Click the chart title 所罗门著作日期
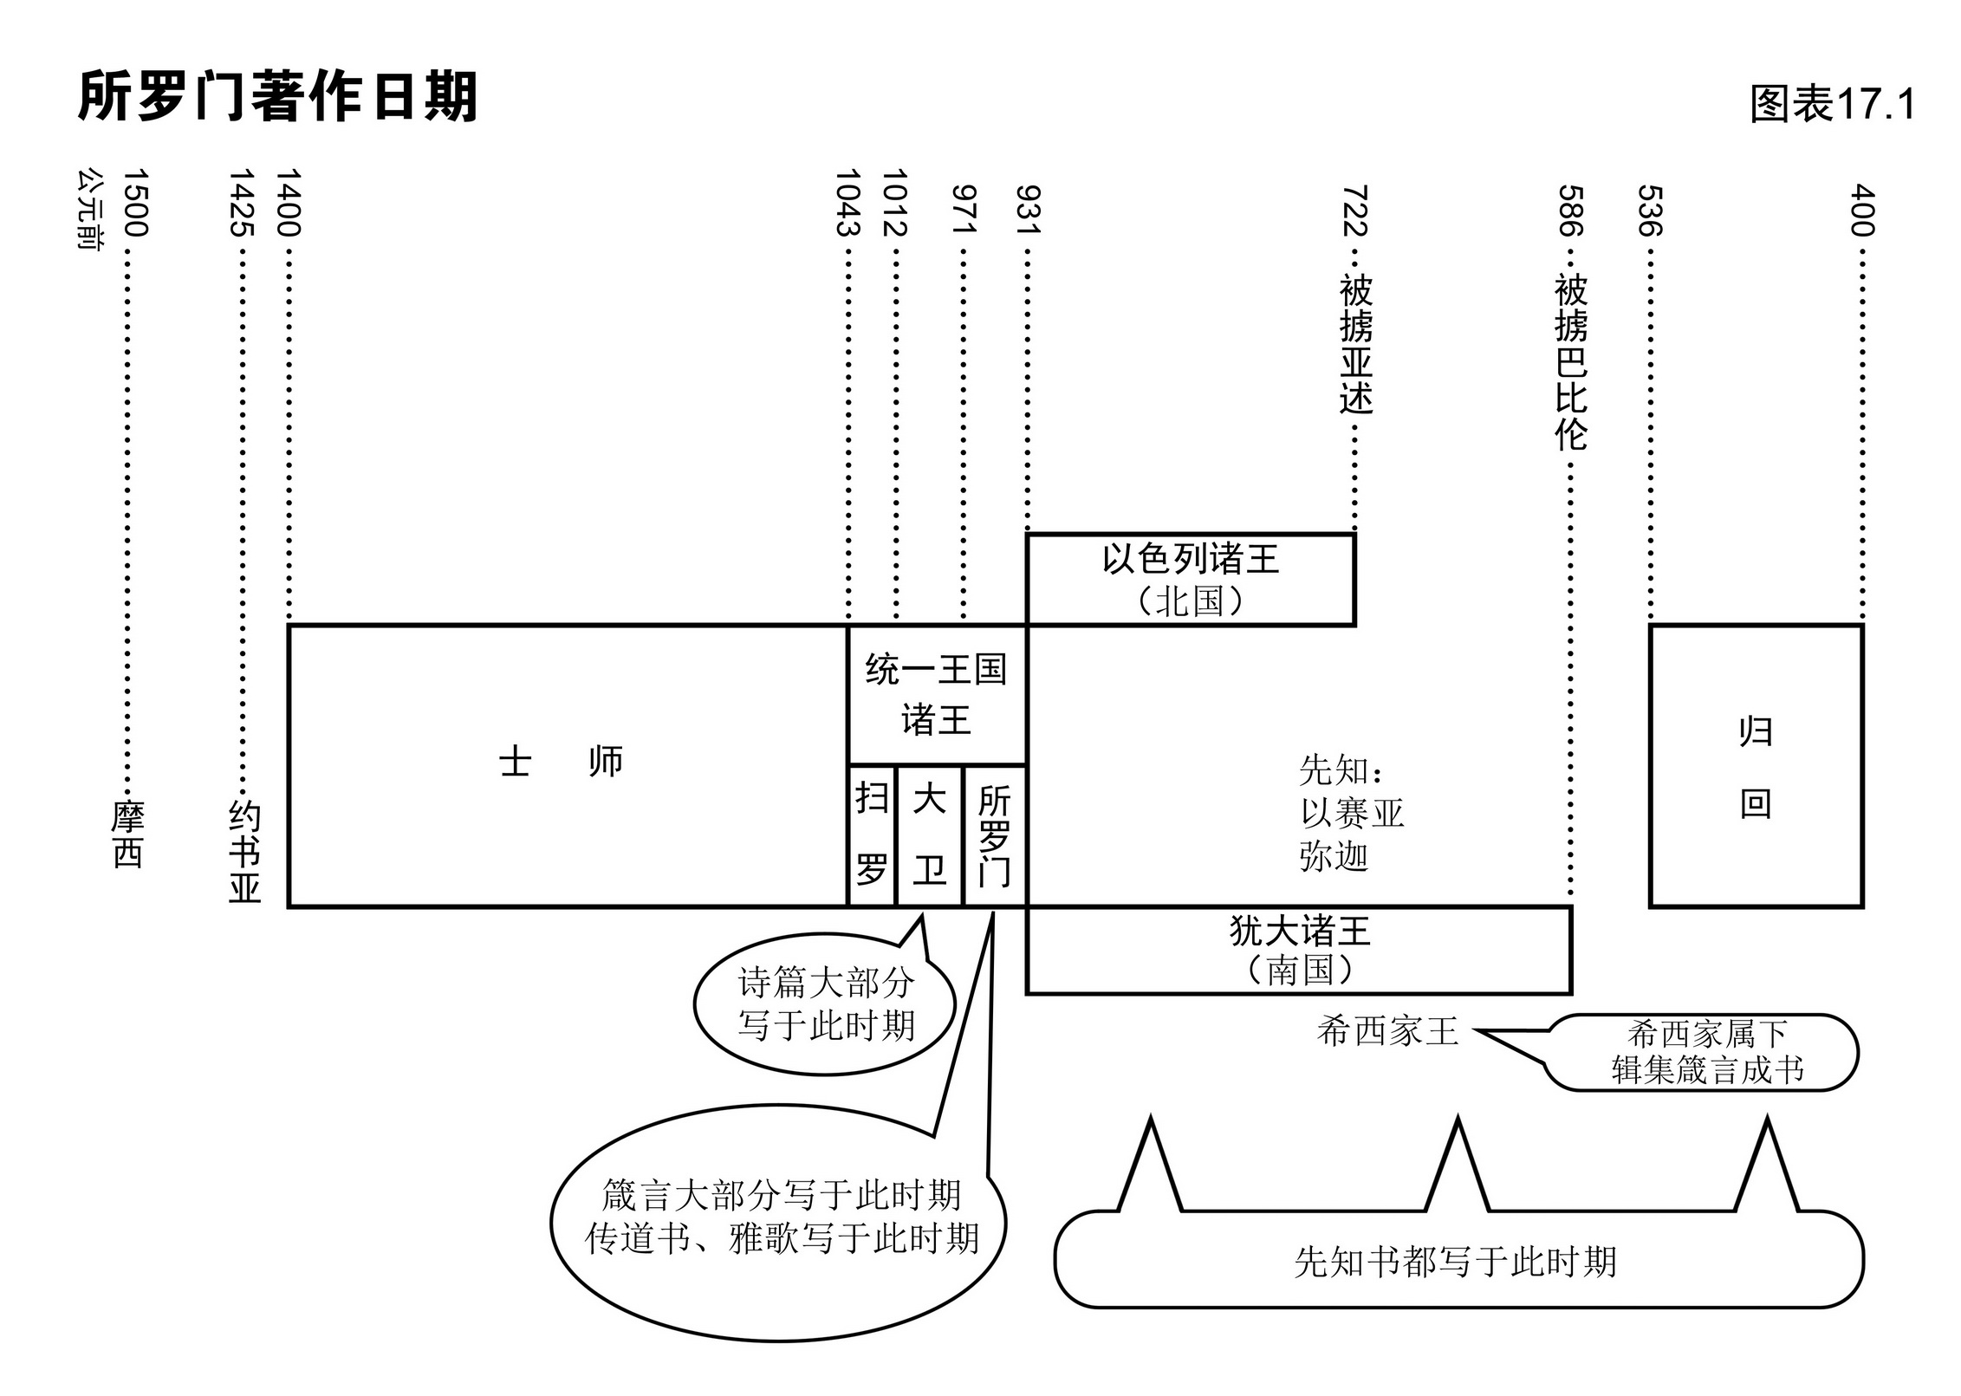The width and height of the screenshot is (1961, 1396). click(x=277, y=97)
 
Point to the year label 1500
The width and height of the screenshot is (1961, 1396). click(x=135, y=203)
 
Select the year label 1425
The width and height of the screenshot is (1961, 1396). click(x=242, y=203)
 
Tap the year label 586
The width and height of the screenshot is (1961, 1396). click(x=1570, y=211)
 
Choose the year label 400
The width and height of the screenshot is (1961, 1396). click(x=1861, y=211)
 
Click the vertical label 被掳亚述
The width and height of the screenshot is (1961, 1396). click(x=1355, y=344)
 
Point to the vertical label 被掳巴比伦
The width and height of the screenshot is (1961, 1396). click(x=1570, y=362)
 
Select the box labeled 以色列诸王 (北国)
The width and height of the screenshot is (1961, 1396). click(x=1190, y=579)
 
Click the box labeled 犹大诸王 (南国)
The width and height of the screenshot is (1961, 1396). click(x=1298, y=950)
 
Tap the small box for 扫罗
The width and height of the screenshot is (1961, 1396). click(x=871, y=835)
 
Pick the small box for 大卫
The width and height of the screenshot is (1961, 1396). click(x=929, y=835)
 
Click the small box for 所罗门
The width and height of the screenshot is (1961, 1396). click(x=994, y=835)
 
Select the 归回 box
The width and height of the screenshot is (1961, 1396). click(x=1756, y=766)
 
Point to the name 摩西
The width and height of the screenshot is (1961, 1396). click(x=127, y=834)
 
